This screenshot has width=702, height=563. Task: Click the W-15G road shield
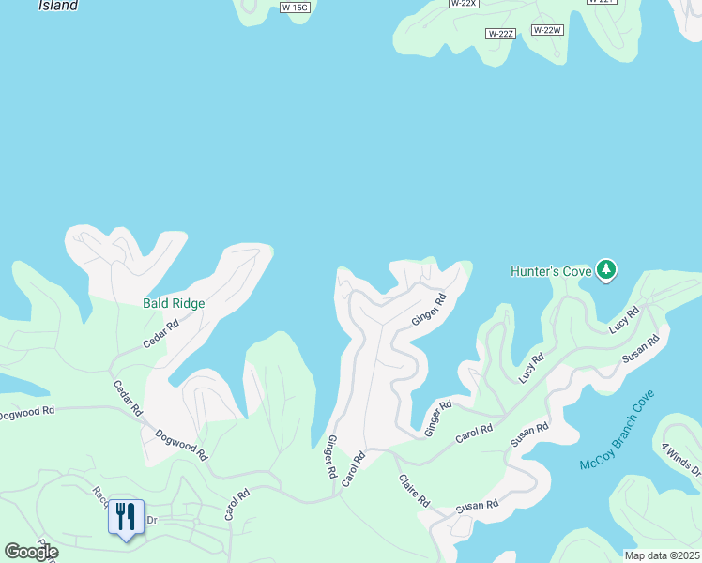295,8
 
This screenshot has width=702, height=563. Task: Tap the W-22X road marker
464,4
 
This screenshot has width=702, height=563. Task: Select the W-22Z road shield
501,34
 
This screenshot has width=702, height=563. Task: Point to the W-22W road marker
547,30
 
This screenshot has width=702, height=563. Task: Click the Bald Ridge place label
174,304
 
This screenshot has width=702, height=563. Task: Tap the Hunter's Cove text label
550,271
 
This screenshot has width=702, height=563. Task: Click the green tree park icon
607,270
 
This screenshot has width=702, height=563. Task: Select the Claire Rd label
413,489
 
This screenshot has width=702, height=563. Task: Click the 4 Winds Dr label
680,459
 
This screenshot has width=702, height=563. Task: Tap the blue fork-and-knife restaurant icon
126,517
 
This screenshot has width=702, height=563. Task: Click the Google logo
31,552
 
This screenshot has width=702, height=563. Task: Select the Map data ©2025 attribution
662,555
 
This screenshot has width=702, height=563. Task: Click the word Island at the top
58,6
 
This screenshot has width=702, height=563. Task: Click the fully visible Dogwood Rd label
180,444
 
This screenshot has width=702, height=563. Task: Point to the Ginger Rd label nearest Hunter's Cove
428,309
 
